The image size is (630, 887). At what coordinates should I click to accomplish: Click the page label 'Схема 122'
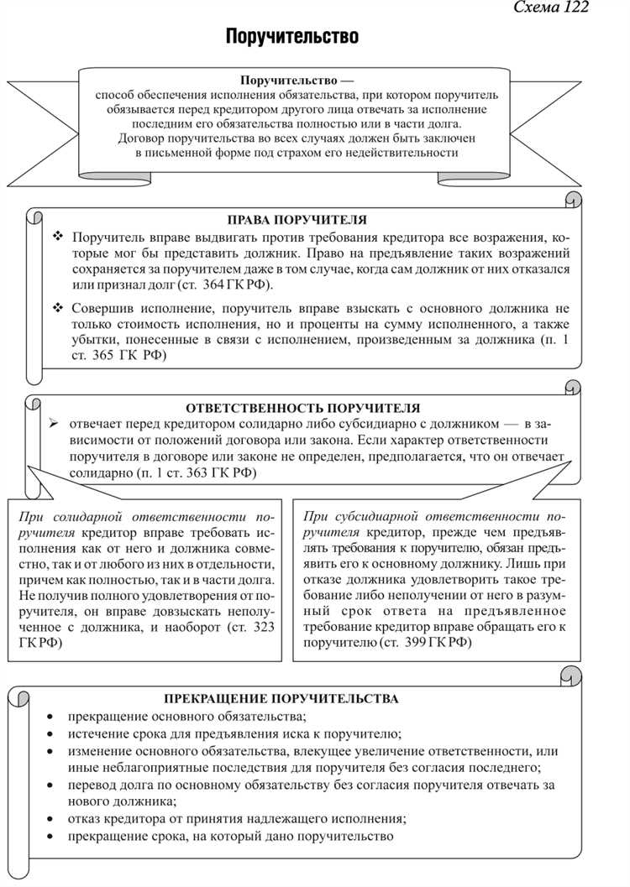[550, 8]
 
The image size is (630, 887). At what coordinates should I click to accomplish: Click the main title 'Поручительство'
[291, 37]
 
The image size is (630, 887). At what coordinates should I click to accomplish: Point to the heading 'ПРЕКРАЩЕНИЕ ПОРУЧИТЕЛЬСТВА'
[281, 698]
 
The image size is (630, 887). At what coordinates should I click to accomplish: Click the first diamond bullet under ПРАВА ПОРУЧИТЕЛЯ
[58, 237]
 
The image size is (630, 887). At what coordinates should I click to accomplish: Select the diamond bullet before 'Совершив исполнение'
[58, 308]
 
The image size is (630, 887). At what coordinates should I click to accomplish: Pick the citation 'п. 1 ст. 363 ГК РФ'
[198, 473]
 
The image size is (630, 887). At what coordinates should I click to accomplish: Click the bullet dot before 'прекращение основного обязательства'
[51, 717]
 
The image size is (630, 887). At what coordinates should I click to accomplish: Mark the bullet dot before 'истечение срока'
[51, 734]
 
